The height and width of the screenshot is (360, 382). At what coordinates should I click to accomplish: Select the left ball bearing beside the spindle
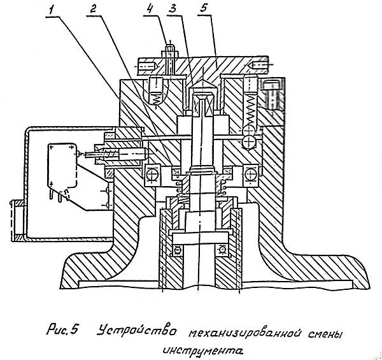(153, 173)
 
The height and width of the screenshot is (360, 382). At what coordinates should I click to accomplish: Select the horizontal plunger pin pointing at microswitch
(127, 154)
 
